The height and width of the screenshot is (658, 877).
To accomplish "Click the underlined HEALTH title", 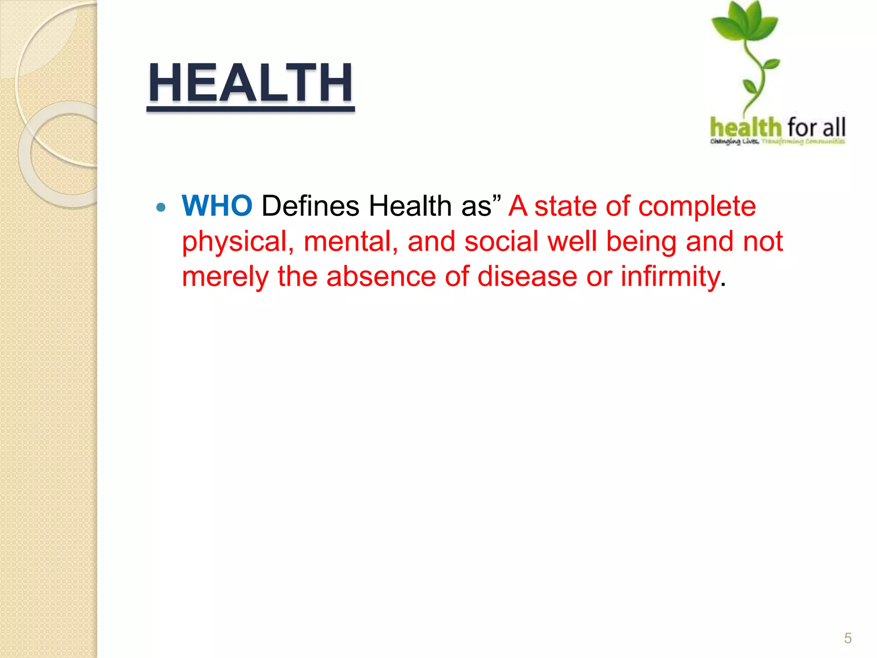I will [251, 83].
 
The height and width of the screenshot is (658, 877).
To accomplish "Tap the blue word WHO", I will [217, 206].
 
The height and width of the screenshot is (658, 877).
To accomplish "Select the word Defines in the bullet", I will [310, 206].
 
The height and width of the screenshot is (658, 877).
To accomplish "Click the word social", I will [501, 241].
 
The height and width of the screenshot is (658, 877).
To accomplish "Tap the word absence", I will [381, 276].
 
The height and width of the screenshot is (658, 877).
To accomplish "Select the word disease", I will [527, 276].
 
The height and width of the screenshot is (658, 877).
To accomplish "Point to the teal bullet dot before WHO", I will [161, 208].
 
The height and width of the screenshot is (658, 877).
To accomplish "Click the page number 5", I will [847, 638].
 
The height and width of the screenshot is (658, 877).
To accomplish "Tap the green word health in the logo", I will [746, 127].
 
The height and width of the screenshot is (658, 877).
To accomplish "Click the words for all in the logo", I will [816, 127].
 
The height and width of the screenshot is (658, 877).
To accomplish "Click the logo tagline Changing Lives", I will [734, 142].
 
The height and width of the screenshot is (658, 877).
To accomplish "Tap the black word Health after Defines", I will [410, 206].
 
